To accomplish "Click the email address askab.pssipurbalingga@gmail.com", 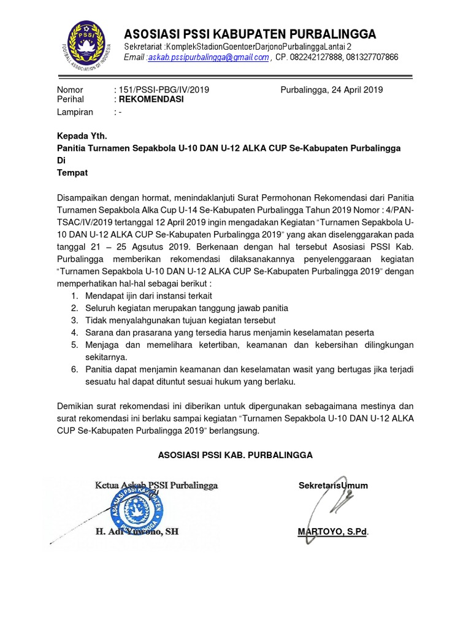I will point(209,58).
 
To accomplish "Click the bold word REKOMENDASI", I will point(151,99).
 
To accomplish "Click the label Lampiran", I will point(75,112).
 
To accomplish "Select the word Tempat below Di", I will point(72,173).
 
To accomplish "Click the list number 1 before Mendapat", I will point(74,296).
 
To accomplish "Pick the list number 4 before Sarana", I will point(74,332).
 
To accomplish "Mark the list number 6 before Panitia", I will point(74,369).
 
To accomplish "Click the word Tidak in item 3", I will point(96,320).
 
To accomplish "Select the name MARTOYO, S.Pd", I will point(333,532).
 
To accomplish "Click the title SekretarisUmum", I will point(333,486).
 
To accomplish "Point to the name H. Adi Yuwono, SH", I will point(137,532).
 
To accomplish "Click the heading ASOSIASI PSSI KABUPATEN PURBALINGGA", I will point(250,34).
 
